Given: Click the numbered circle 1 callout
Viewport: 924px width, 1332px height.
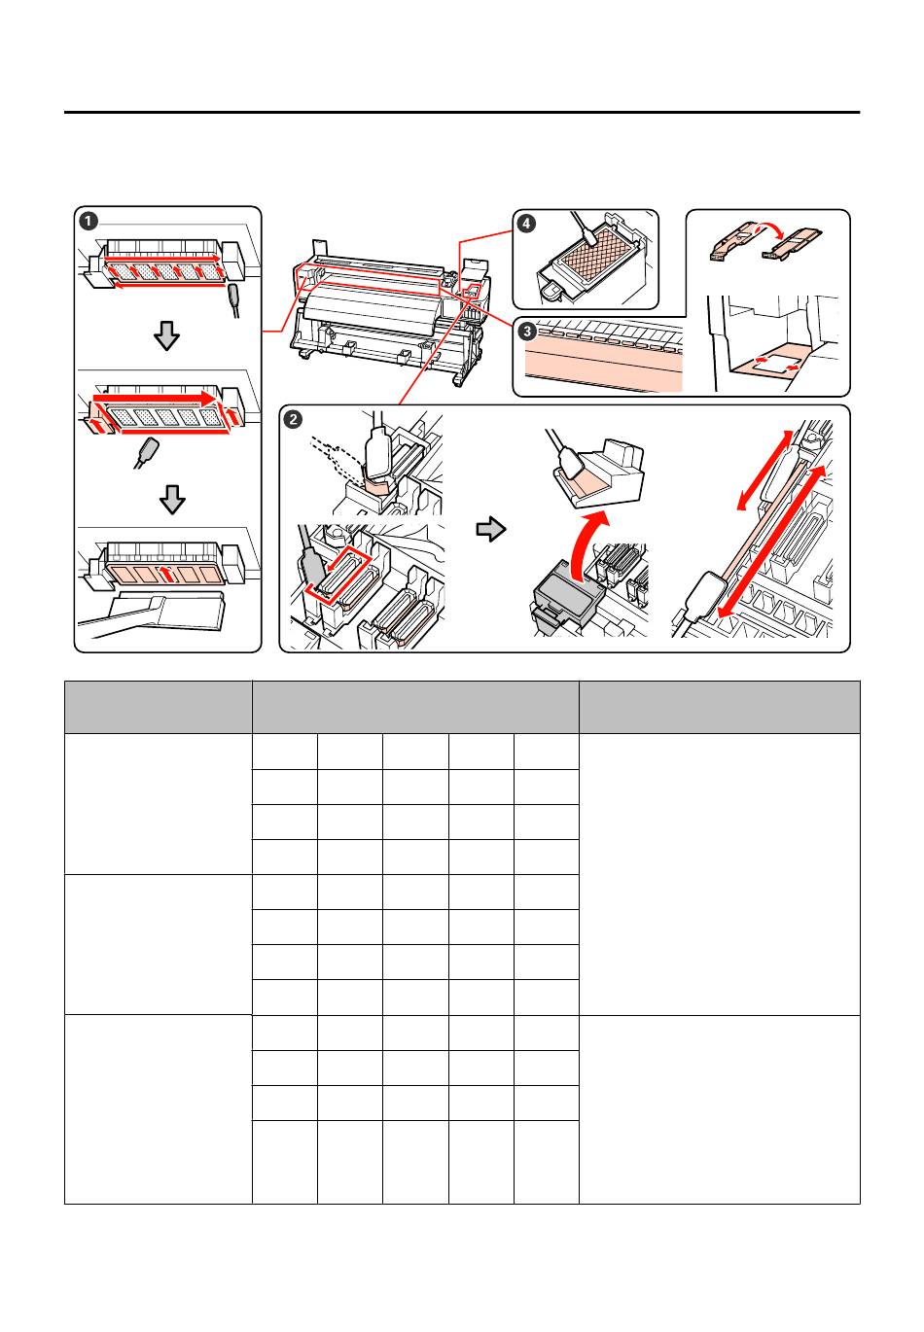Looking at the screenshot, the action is tap(89, 222).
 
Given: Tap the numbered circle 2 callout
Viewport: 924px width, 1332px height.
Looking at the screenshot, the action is tap(293, 419).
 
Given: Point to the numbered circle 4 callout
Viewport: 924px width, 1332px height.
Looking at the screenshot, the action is tap(526, 224).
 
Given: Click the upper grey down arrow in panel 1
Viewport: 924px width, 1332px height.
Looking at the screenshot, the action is tap(166, 336).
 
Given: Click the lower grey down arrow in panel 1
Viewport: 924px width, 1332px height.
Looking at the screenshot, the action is tap(172, 500).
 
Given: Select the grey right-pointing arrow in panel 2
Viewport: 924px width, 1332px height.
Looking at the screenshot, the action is tap(491, 529).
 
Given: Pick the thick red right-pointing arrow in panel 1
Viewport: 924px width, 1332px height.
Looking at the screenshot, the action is tap(155, 398).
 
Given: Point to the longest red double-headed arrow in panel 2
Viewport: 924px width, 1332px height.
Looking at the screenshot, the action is tap(773, 543).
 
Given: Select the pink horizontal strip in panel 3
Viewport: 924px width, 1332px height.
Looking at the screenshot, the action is tap(603, 368).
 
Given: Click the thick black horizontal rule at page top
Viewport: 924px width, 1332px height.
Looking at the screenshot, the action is tap(462, 112).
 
